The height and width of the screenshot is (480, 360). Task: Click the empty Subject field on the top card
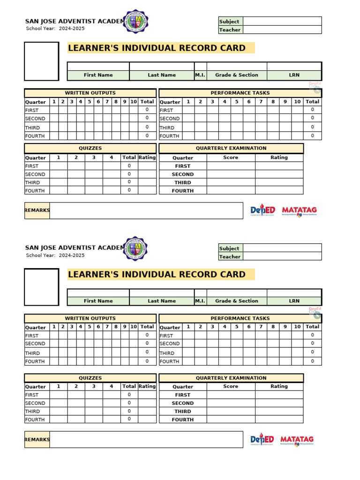coord(282,21)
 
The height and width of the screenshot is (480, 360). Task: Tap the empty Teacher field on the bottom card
coord(282,256)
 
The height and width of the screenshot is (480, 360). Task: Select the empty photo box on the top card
coord(42,61)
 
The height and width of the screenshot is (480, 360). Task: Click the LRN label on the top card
coord(294,75)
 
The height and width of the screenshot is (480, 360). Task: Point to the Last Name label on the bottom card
coord(162,301)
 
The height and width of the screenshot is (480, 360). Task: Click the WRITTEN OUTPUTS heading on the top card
coord(90,93)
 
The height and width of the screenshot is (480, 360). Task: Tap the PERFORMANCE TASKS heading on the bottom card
coord(240,318)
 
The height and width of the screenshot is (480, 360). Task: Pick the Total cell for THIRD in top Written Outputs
coord(147,127)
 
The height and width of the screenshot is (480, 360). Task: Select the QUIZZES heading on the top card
coord(90,148)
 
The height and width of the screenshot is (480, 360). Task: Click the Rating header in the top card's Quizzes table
coord(147,157)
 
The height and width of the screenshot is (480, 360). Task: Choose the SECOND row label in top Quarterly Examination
coord(182,174)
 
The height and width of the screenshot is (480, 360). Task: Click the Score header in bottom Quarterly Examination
coord(231,386)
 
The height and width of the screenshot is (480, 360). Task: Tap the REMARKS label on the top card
coord(37,210)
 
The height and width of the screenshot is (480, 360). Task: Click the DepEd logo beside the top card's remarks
coord(262,210)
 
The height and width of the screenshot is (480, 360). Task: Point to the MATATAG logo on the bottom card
coord(297,440)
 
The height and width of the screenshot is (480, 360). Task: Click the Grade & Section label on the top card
coord(237,75)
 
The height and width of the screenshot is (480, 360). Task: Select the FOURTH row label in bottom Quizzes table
coord(35,420)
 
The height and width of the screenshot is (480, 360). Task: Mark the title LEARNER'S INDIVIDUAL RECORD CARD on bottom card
coord(157,275)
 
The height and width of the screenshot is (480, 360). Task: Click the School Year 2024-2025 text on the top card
coord(55,29)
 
